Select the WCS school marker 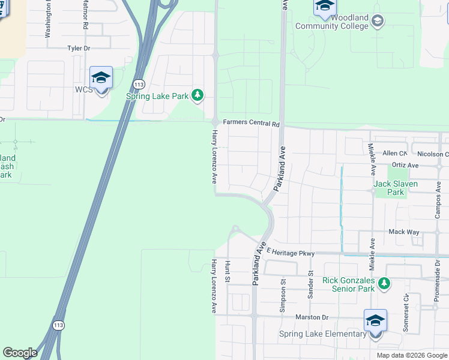point(101,78)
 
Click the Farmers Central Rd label point(252,124)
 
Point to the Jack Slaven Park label point(396,188)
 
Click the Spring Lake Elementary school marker point(375,321)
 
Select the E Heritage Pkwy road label point(291,253)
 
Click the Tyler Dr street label point(78,47)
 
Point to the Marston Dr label point(312,317)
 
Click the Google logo point(20,353)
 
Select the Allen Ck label point(394,154)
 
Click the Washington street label point(48,19)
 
